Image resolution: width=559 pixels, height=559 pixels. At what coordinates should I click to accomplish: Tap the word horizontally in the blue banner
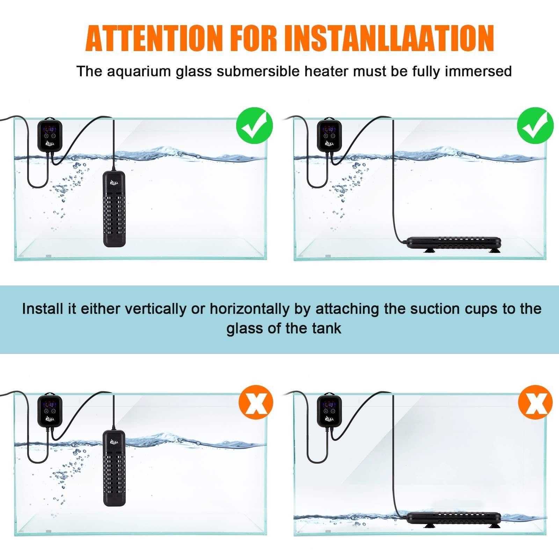(249, 309)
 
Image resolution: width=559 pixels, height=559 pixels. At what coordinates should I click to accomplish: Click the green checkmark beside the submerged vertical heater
(254, 125)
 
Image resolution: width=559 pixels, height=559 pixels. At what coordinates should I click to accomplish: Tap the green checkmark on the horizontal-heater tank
(535, 125)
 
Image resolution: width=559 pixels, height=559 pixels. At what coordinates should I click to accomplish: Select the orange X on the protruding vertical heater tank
(256, 402)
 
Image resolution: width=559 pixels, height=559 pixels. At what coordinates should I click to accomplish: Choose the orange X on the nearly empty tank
(535, 402)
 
